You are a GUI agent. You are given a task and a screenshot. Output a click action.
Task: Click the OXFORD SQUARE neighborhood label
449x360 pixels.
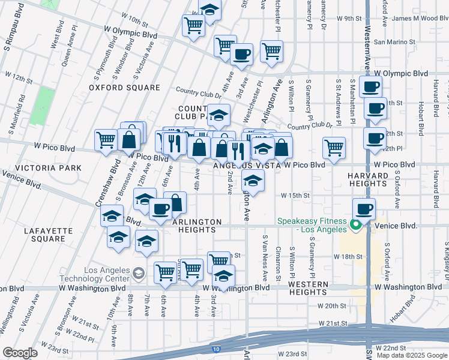[124, 88]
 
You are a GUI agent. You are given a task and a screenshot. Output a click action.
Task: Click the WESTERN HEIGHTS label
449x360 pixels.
[307, 288]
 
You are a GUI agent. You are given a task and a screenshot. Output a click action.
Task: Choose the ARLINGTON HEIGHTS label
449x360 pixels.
[197, 222]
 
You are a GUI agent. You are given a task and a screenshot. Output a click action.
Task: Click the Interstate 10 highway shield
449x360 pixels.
[216, 349]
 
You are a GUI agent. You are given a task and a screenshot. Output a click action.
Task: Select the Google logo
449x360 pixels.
[19, 352]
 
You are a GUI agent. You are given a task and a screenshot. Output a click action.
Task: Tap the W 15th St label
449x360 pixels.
[295, 196]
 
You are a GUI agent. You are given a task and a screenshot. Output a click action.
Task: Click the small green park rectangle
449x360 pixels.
[41, 106]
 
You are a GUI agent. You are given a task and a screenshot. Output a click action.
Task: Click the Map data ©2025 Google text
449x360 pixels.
[412, 355]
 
